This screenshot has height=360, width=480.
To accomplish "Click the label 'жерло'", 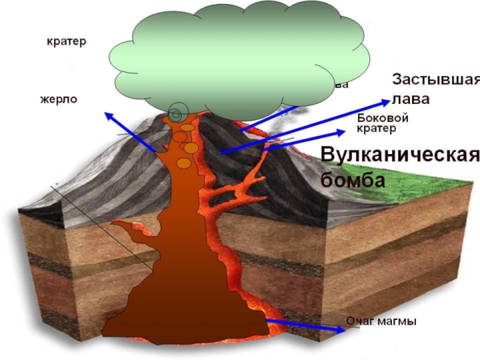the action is [59, 98].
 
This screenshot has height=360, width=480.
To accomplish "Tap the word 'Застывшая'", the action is [436, 80].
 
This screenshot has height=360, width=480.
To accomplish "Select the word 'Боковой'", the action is [382, 118].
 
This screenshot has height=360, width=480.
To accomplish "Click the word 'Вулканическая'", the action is [400, 154].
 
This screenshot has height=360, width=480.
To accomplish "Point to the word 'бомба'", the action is [352, 179].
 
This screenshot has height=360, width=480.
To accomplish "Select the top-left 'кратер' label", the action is [67, 41].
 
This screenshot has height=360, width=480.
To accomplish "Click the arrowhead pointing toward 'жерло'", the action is [108, 115].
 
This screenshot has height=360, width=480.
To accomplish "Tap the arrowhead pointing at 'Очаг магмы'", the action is [340, 328].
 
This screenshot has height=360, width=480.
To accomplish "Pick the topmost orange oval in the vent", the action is [188, 127].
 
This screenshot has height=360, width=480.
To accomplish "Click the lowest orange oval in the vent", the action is [184, 163].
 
